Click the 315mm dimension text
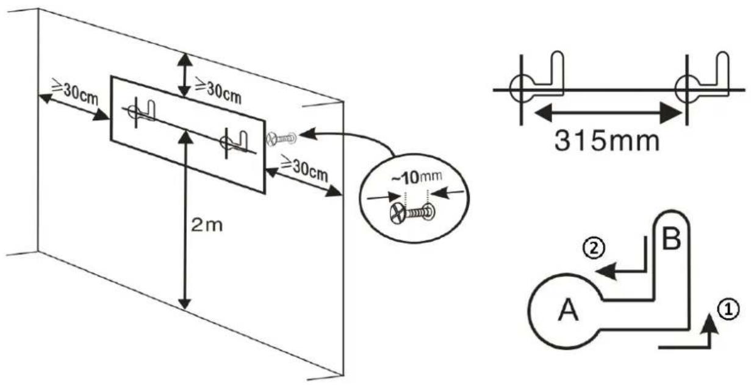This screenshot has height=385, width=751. pyautogui.click(x=607, y=141)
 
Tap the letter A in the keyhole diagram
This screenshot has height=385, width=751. pyautogui.click(x=568, y=309)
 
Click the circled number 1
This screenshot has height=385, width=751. pyautogui.click(x=728, y=309)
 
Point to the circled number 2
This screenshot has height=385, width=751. pyautogui.click(x=594, y=249)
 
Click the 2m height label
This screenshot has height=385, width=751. pyautogui.click(x=207, y=225)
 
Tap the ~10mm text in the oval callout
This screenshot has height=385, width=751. pyautogui.click(x=417, y=178)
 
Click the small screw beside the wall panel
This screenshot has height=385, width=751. pyautogui.click(x=282, y=139)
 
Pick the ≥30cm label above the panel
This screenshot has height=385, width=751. pyautogui.click(x=218, y=90)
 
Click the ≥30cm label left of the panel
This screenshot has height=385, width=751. pyautogui.click(x=74, y=92)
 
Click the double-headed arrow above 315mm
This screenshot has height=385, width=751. pyautogui.click(x=608, y=113)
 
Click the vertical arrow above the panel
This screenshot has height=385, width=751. pyautogui.click(x=184, y=75)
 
